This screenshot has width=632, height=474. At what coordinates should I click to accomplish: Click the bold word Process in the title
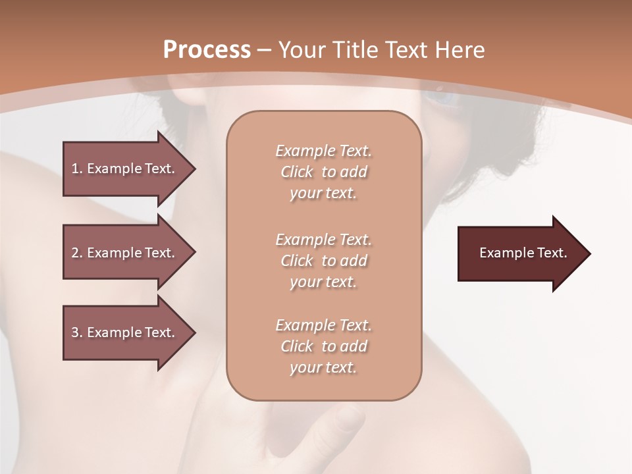click(x=207, y=50)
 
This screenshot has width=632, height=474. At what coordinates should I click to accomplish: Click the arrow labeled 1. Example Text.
click(x=125, y=169)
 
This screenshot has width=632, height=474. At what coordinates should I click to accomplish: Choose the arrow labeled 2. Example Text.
click(x=125, y=253)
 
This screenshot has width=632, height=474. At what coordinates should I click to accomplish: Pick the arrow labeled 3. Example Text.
click(x=125, y=332)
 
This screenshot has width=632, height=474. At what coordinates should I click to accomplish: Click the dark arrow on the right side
click(x=520, y=253)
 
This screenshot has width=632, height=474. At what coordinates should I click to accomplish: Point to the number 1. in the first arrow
click(x=77, y=169)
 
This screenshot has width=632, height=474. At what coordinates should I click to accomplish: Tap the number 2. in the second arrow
click(x=77, y=253)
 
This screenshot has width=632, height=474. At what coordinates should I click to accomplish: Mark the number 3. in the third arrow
click(x=77, y=332)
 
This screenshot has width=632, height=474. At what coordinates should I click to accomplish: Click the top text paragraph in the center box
click(x=323, y=172)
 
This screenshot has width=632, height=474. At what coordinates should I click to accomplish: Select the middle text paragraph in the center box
click(x=323, y=260)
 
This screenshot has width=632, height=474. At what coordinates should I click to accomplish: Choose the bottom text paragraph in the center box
click(x=323, y=346)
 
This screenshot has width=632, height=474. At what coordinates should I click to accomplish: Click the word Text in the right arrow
click(x=552, y=253)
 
